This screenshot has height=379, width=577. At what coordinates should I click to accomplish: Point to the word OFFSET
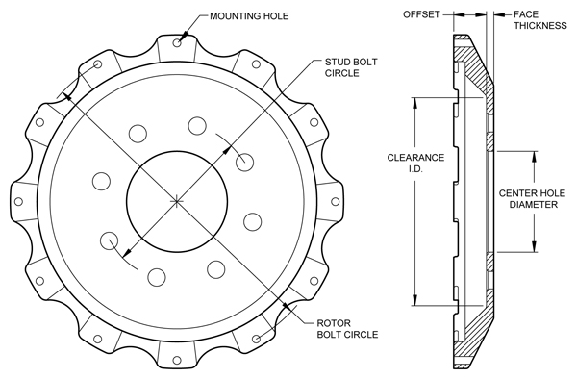coord(420,15)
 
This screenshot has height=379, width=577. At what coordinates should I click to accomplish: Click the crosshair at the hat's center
coord(178,200)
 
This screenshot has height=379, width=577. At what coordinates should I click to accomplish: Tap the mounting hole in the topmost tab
coord(178,41)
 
